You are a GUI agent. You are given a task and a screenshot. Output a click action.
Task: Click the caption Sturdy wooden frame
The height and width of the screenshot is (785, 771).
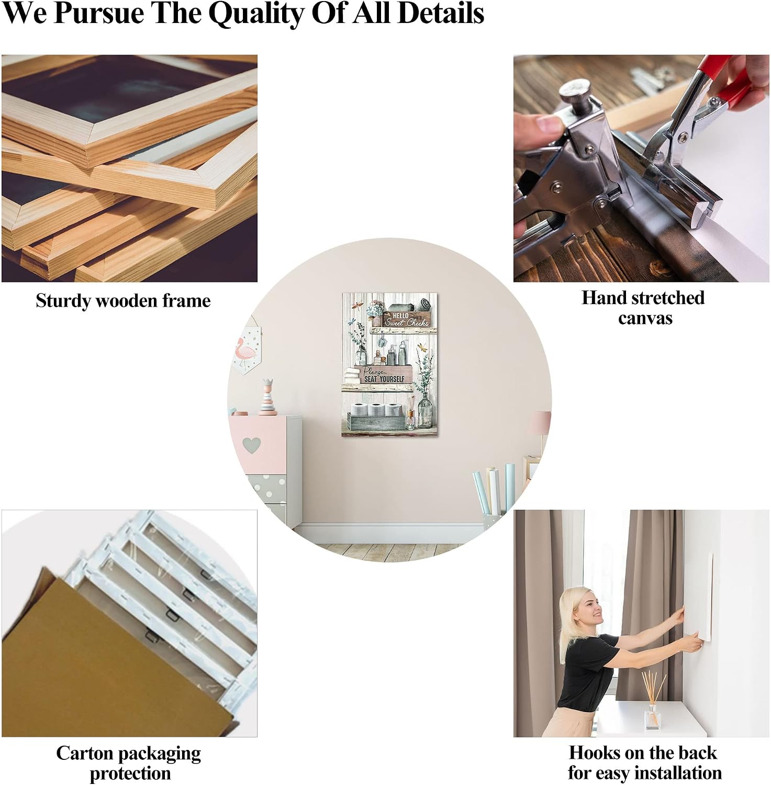(123, 300)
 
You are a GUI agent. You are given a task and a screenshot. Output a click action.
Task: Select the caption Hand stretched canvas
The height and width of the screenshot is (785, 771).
(643, 307)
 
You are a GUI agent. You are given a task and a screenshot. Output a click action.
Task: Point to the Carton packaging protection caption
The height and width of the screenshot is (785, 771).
(129, 763)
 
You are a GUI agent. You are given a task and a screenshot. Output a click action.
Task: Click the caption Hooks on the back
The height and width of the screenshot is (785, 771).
(643, 753)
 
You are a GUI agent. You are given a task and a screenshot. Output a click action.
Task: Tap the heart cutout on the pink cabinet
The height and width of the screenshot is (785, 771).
(252, 444)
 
